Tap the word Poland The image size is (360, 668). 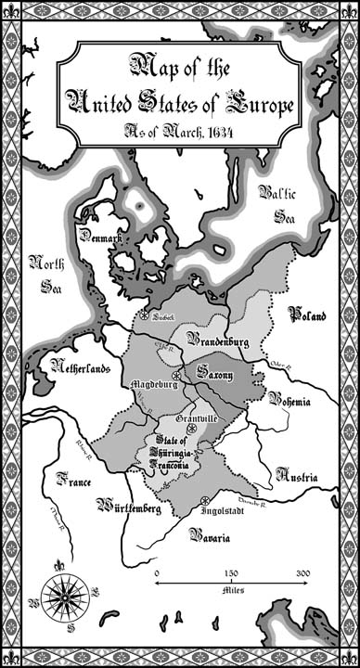(307, 315)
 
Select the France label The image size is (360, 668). (73, 481)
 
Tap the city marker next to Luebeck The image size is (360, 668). (145, 315)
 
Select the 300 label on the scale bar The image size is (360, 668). (302, 573)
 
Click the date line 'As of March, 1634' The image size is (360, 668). (180, 131)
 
